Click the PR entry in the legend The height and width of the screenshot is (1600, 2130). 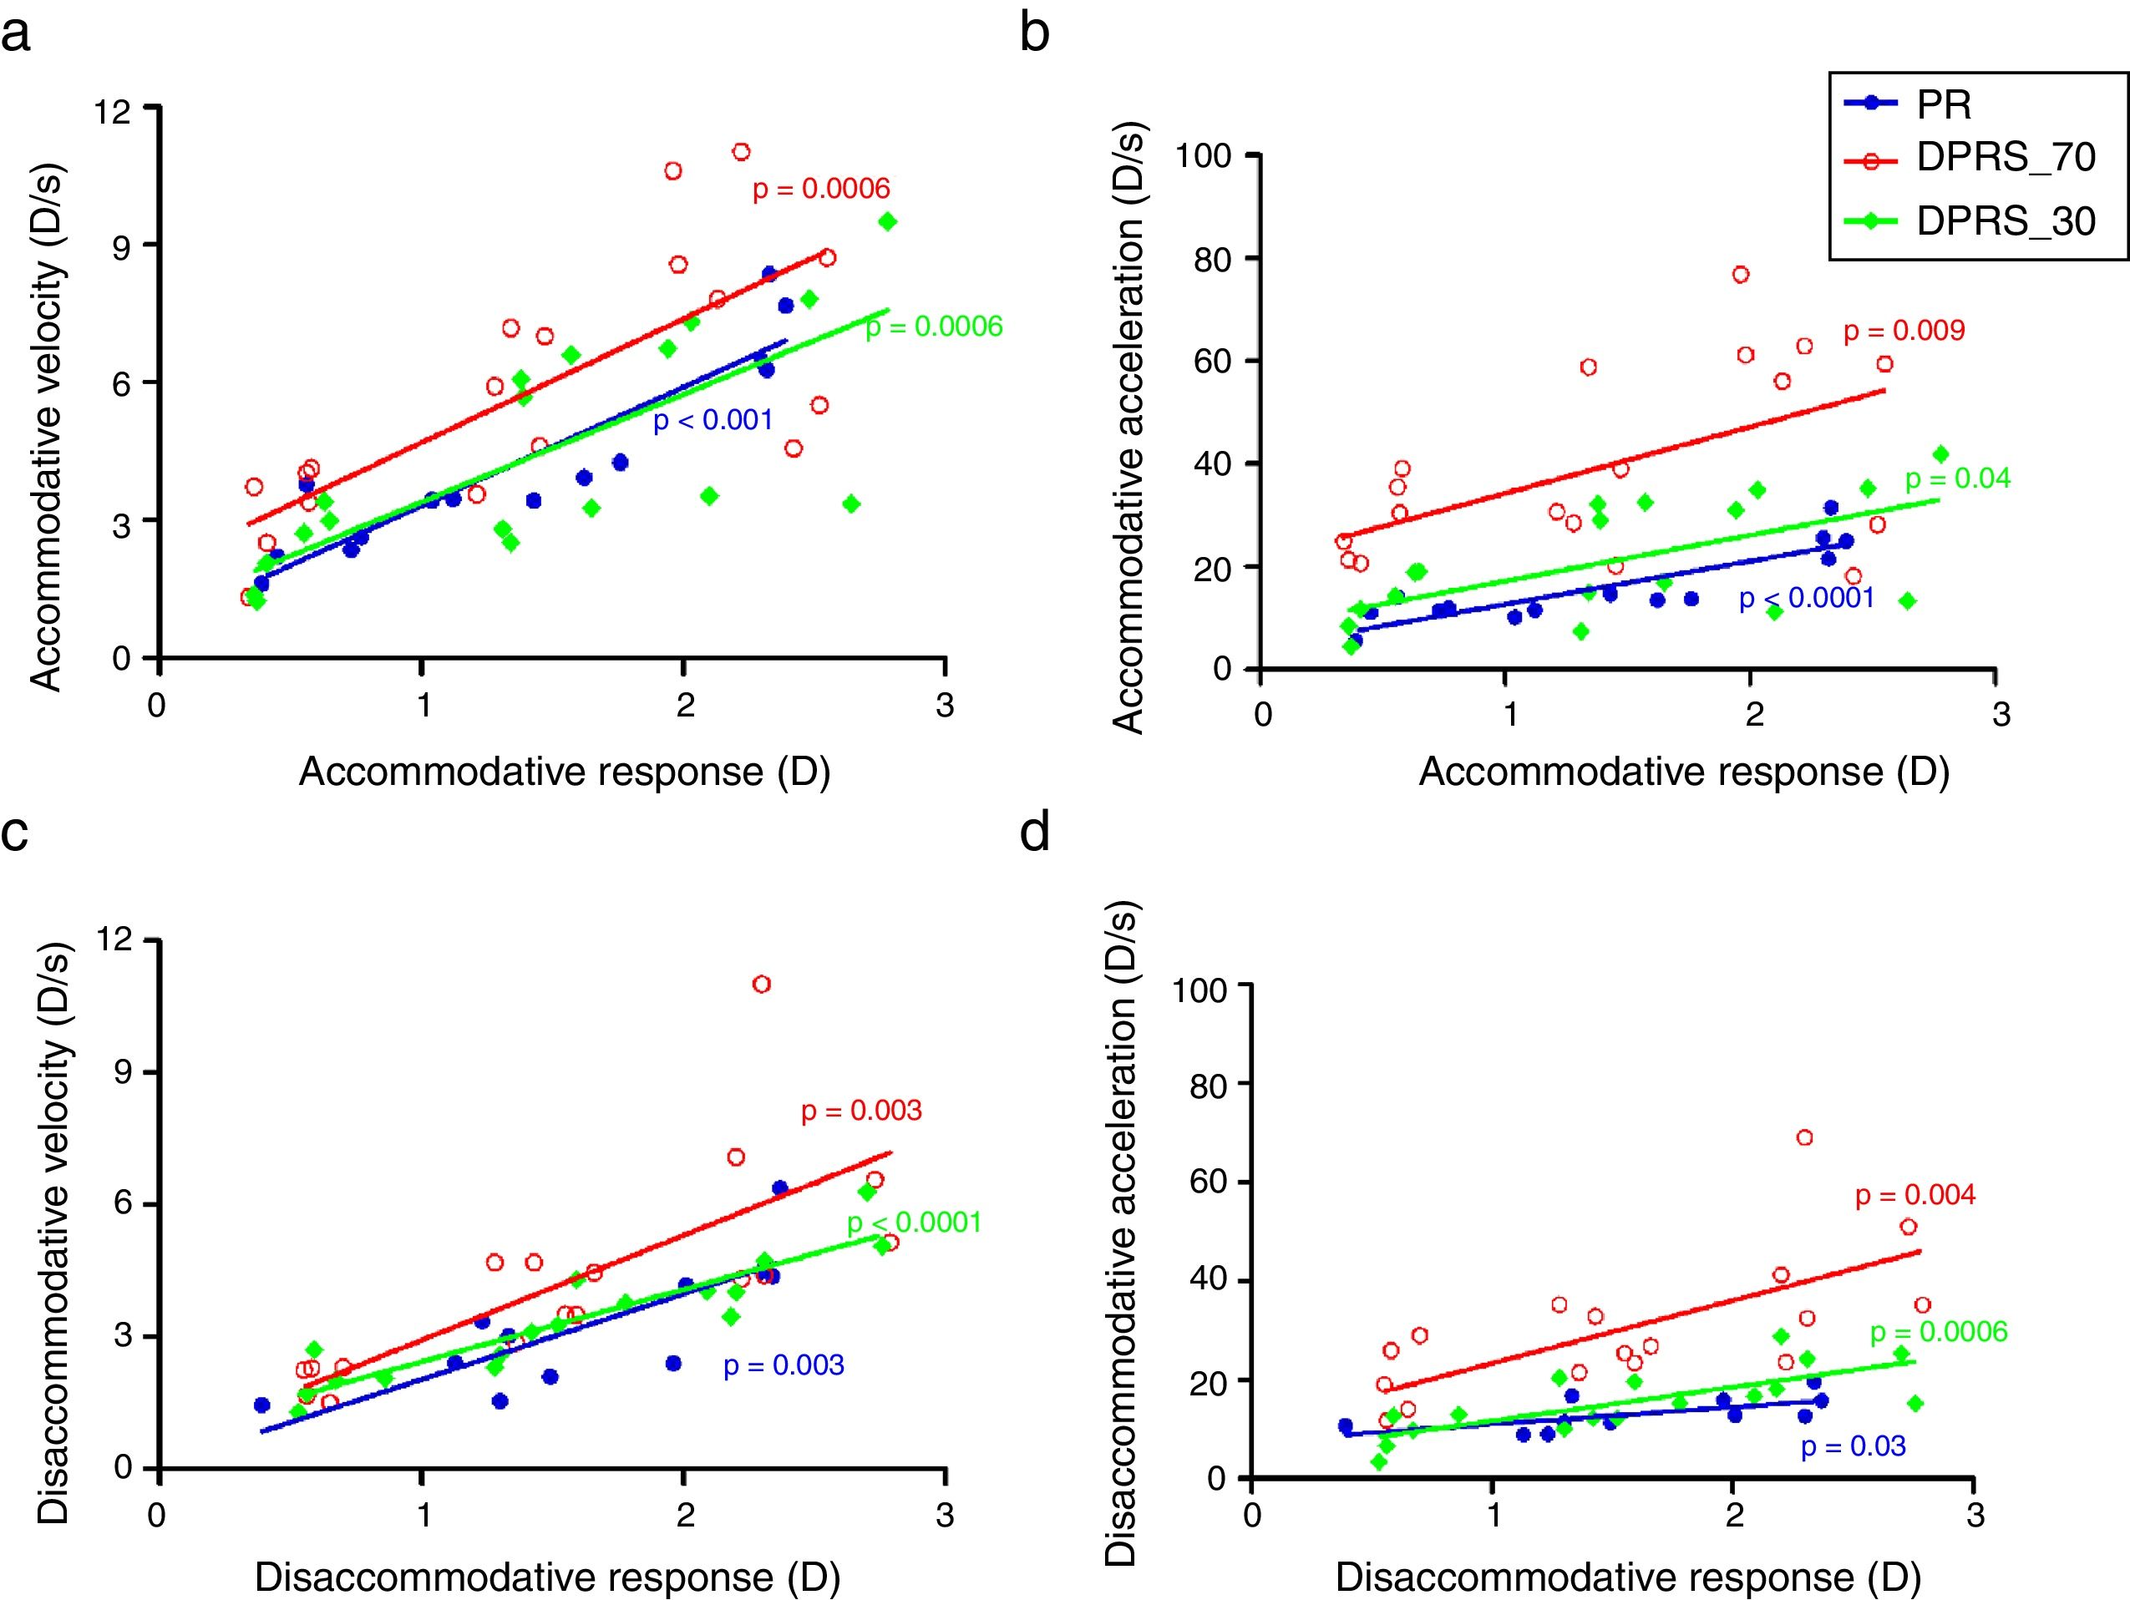tap(1945, 105)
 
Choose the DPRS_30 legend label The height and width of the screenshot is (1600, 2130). tap(2006, 221)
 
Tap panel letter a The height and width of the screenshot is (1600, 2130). tap(17, 35)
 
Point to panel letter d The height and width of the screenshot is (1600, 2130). tap(1035, 832)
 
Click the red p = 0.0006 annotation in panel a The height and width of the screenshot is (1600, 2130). tap(820, 189)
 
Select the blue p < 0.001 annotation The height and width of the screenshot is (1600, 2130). tap(713, 421)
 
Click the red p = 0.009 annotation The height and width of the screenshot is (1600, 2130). tap(1904, 332)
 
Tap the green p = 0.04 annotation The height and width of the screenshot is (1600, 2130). tap(1958, 478)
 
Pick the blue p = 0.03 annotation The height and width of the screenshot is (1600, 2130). tap(1853, 1446)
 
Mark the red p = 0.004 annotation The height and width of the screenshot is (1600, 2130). tap(1915, 1196)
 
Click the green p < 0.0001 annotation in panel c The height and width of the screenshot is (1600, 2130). tap(914, 1223)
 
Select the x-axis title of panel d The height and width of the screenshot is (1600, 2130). tap(1627, 1577)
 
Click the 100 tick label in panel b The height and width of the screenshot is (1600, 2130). tap(1204, 155)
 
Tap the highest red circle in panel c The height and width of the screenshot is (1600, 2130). tap(761, 984)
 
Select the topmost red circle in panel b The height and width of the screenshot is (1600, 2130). tap(1740, 275)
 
